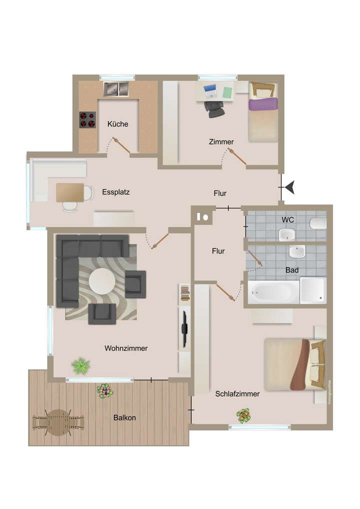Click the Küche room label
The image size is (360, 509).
point(118,124)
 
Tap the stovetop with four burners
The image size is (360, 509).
point(87,120)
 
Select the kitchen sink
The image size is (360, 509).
point(116,89)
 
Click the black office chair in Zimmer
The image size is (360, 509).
point(214,108)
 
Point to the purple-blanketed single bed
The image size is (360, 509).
point(263,112)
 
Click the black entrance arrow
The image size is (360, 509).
point(289,187)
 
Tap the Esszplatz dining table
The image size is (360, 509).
point(70,192)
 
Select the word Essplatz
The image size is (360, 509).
point(116,192)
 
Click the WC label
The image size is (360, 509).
point(287,219)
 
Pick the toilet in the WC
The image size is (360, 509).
point(318,223)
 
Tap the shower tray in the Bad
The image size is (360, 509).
point(313,290)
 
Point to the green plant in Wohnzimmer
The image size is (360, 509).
point(80,366)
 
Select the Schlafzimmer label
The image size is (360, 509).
point(237,394)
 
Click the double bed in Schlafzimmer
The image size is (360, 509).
point(294,364)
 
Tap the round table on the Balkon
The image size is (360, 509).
point(59,422)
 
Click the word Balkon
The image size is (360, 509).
point(124,417)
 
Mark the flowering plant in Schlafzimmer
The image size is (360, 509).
point(243,415)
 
